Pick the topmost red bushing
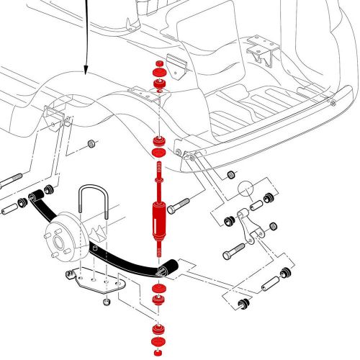[158, 72]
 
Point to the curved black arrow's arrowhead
[86, 71]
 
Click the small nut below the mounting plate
[106, 301]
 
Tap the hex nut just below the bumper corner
[231, 175]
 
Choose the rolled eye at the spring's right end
[163, 269]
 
